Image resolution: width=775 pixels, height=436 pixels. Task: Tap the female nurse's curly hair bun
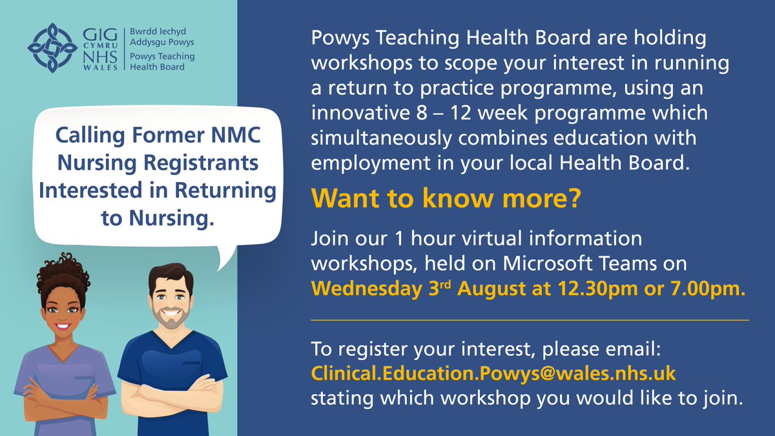pos(63,269)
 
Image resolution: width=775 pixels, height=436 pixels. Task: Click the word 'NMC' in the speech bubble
pos(241,137)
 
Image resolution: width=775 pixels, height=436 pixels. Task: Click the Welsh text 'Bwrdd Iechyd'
pos(156,32)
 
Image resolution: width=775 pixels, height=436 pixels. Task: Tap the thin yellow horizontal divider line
pos(530,320)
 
